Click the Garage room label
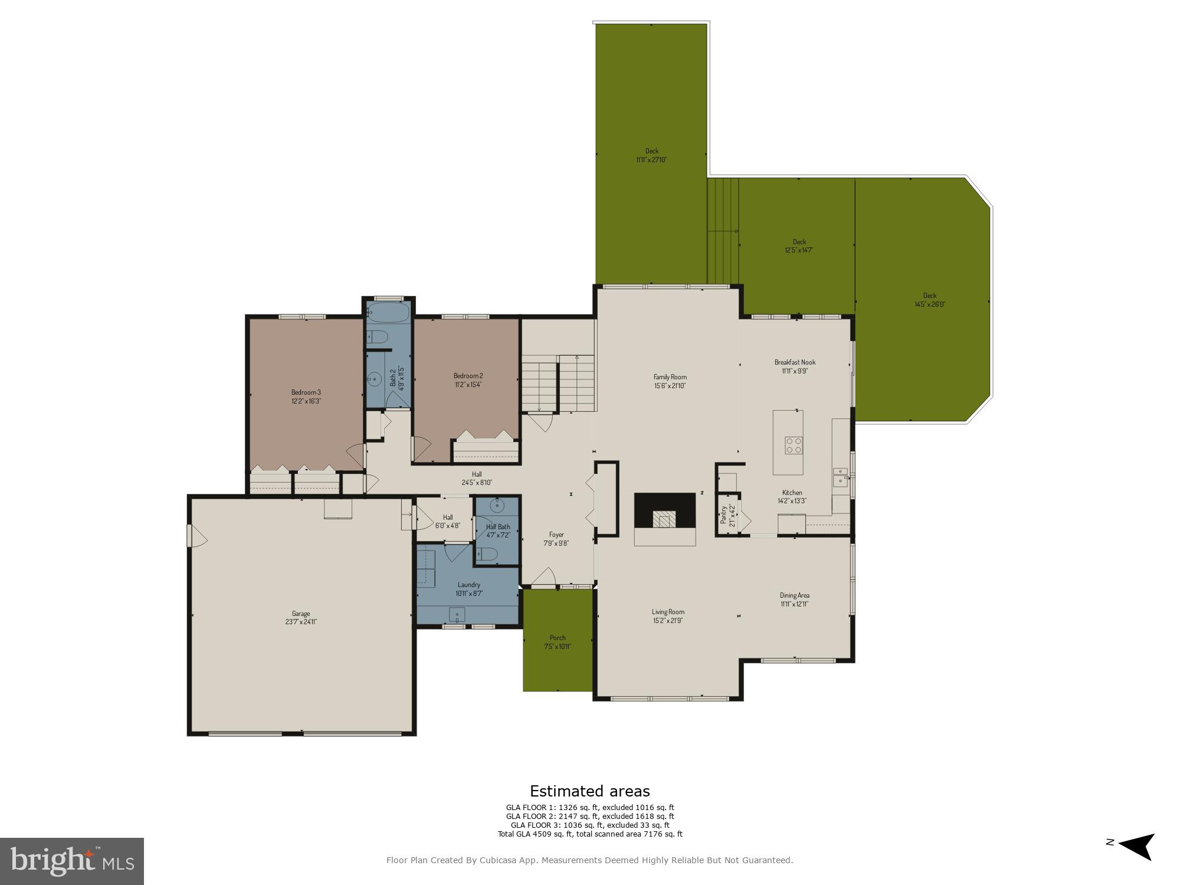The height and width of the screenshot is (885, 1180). point(300,614)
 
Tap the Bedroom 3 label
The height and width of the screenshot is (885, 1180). point(306,392)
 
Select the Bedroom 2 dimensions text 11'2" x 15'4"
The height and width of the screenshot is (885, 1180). point(468,385)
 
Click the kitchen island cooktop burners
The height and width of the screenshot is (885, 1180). point(793,445)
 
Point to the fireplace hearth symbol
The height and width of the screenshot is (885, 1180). point(665,520)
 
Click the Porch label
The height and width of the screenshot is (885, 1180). point(558,638)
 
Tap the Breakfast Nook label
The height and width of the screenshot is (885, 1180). point(795,362)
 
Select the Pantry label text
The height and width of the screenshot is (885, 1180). point(723,514)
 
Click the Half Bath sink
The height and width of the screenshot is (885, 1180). point(497,506)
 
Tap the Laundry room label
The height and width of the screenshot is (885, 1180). point(468,585)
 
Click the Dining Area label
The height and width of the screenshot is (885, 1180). point(794,595)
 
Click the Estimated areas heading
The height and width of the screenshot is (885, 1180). point(589,791)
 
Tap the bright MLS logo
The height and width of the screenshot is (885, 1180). point(72,861)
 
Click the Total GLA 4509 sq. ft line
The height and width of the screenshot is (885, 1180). point(589,834)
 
